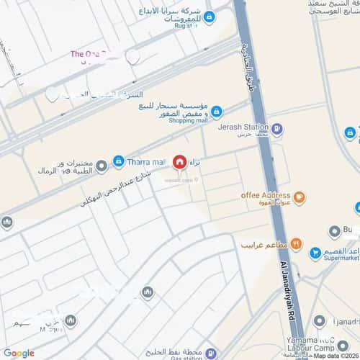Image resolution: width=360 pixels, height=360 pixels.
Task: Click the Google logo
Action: [18, 353]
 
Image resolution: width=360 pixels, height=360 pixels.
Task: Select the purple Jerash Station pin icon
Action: [277, 129]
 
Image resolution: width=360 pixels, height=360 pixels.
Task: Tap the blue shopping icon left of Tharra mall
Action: [119, 161]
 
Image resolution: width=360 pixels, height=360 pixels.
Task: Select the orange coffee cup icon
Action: [299, 195]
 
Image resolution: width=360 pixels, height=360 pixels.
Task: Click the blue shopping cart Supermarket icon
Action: [315, 253]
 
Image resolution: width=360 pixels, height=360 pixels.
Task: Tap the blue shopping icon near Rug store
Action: [209, 17]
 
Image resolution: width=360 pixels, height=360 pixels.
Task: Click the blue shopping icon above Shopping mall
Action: [216, 111]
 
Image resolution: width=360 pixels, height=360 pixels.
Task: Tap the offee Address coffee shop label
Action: [266, 195]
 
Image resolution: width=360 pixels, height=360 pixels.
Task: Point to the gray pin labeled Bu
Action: [334, 232]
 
